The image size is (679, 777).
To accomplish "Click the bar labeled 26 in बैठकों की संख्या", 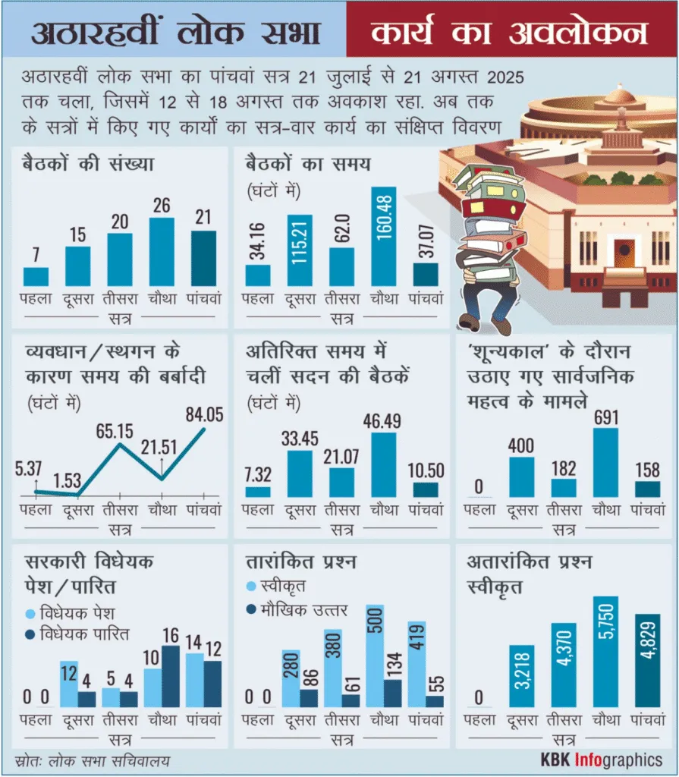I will coord(162,251).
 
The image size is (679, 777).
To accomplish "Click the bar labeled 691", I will coord(605,463).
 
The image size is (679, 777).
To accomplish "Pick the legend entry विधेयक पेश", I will coord(73,614).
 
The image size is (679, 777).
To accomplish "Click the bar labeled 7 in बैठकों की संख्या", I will coord(36,275).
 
